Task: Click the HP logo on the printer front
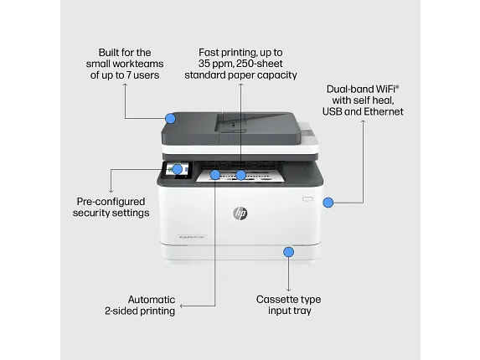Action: [240, 213]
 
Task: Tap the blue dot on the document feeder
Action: [171, 119]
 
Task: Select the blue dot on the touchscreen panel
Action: [177, 169]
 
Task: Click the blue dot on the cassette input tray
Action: [288, 251]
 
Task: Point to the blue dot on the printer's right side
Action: [328, 202]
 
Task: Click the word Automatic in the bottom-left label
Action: [151, 299]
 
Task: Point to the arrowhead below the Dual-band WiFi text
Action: [364, 122]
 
